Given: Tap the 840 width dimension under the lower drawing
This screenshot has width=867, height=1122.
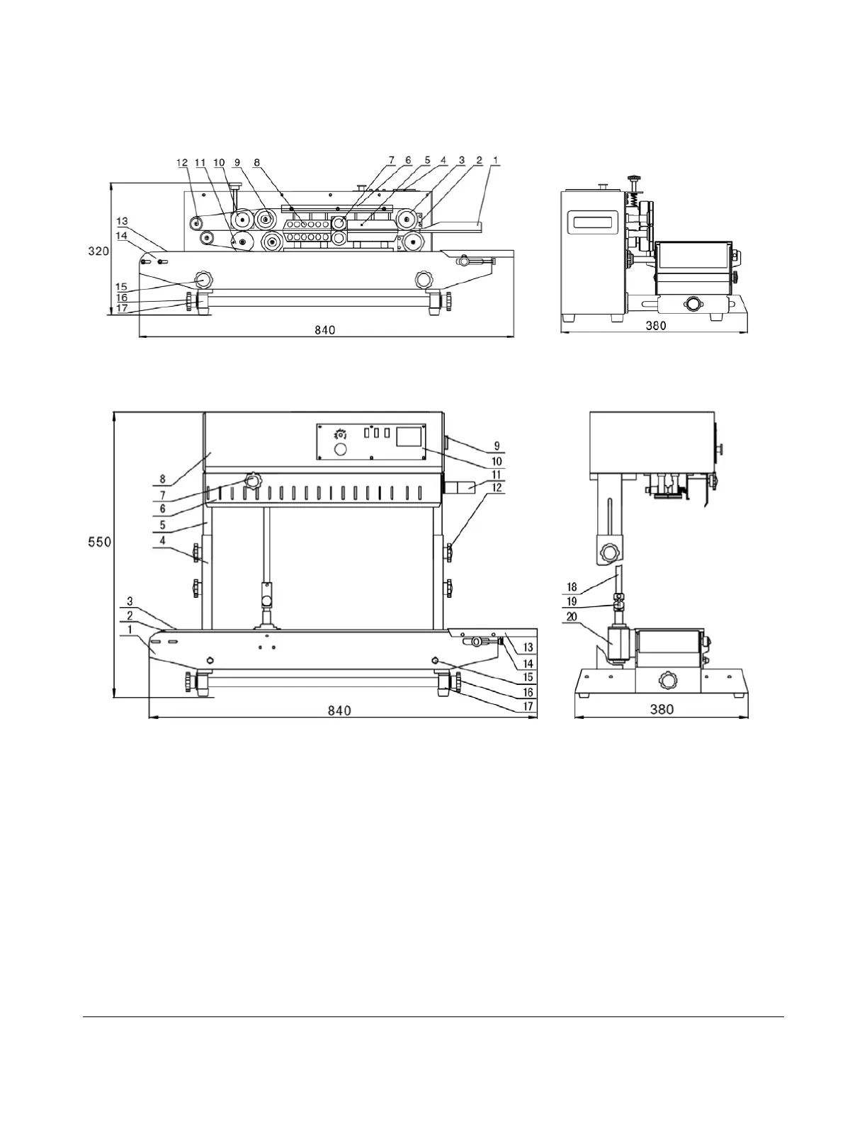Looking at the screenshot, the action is coord(339,710).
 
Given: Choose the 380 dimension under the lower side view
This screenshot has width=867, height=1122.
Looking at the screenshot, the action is coord(662,709).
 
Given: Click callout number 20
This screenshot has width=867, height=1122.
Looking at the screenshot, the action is coord(572,617).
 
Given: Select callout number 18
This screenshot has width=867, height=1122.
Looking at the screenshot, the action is coord(572,586).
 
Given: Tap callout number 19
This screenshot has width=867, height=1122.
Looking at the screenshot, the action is coord(572,601).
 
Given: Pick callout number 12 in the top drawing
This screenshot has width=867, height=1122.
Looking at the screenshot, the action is coord(183,162).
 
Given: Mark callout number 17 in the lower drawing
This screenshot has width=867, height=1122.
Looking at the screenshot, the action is coord(528,706).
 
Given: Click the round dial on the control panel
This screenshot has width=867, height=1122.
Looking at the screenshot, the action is coord(340,450).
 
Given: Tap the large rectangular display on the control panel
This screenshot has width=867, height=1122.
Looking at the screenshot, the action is coord(409,436).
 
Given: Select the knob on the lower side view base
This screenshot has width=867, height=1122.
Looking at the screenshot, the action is coord(667,681).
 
